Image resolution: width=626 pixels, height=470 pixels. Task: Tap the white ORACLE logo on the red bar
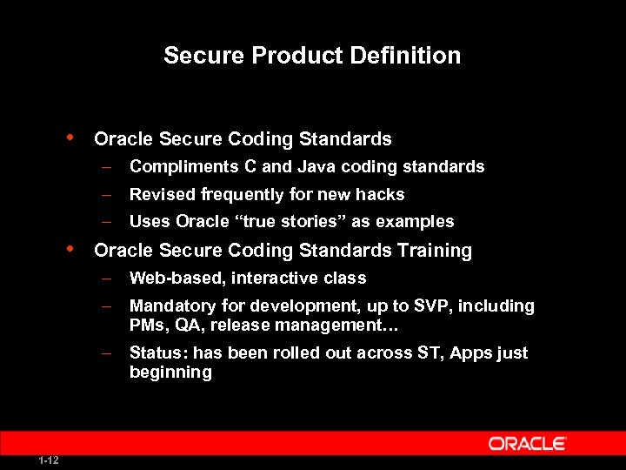(x=527, y=444)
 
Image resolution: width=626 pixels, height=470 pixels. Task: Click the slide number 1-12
(x=49, y=460)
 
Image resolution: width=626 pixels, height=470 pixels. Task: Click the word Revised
(x=161, y=194)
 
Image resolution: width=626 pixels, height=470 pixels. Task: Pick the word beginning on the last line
(x=170, y=373)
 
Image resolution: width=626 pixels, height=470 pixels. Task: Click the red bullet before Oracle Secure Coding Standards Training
(x=70, y=250)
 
